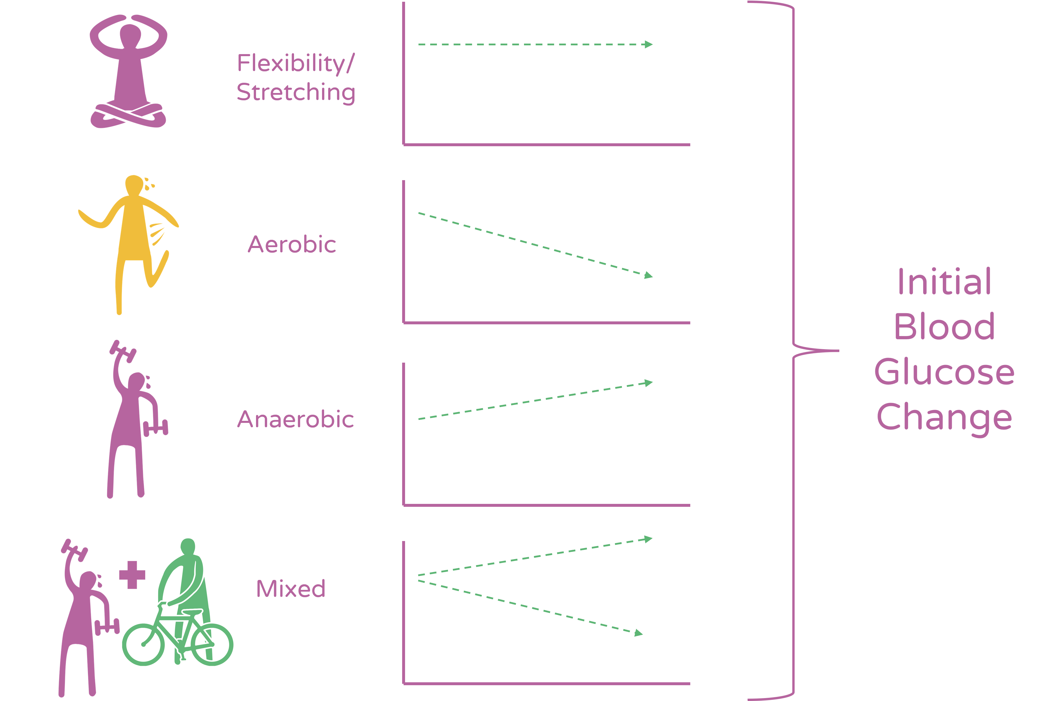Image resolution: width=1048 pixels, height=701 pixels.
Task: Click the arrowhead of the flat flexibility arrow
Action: pyautogui.click(x=648, y=44)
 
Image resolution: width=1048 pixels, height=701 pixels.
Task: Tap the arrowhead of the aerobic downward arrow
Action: pyautogui.click(x=648, y=275)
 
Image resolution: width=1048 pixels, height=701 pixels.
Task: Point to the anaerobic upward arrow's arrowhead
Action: pyautogui.click(x=648, y=383)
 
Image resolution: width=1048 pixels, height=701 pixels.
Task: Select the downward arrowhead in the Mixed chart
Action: pyautogui.click(x=638, y=633)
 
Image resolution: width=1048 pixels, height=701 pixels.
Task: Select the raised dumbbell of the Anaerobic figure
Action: pyautogui.click(x=123, y=352)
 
